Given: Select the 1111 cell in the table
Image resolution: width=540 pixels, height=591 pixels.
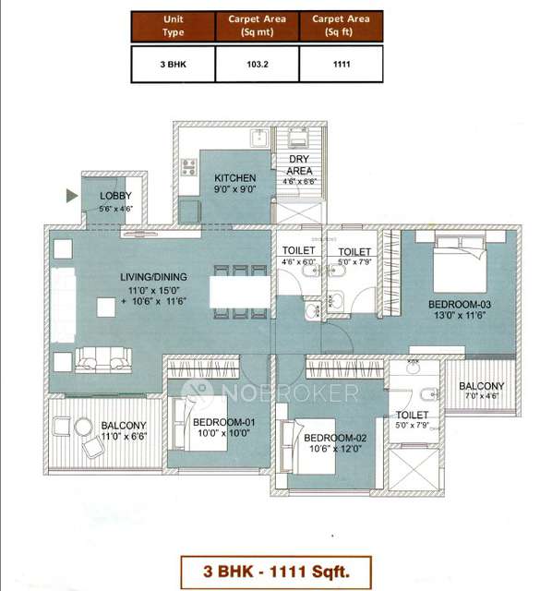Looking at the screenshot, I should [341, 64].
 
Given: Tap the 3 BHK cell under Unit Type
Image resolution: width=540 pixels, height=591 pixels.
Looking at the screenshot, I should [173, 64].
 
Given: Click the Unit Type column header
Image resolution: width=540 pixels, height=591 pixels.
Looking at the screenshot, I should [173, 25].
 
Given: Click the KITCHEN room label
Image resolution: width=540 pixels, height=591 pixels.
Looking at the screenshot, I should [234, 178].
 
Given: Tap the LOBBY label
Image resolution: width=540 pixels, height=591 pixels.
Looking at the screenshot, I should [115, 196].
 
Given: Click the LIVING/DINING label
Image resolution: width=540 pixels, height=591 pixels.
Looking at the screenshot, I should [152, 277].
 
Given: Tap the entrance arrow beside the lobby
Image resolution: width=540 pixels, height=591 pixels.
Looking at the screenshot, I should [71, 196].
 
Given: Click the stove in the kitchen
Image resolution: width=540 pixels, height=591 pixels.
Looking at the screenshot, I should [190, 167].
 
